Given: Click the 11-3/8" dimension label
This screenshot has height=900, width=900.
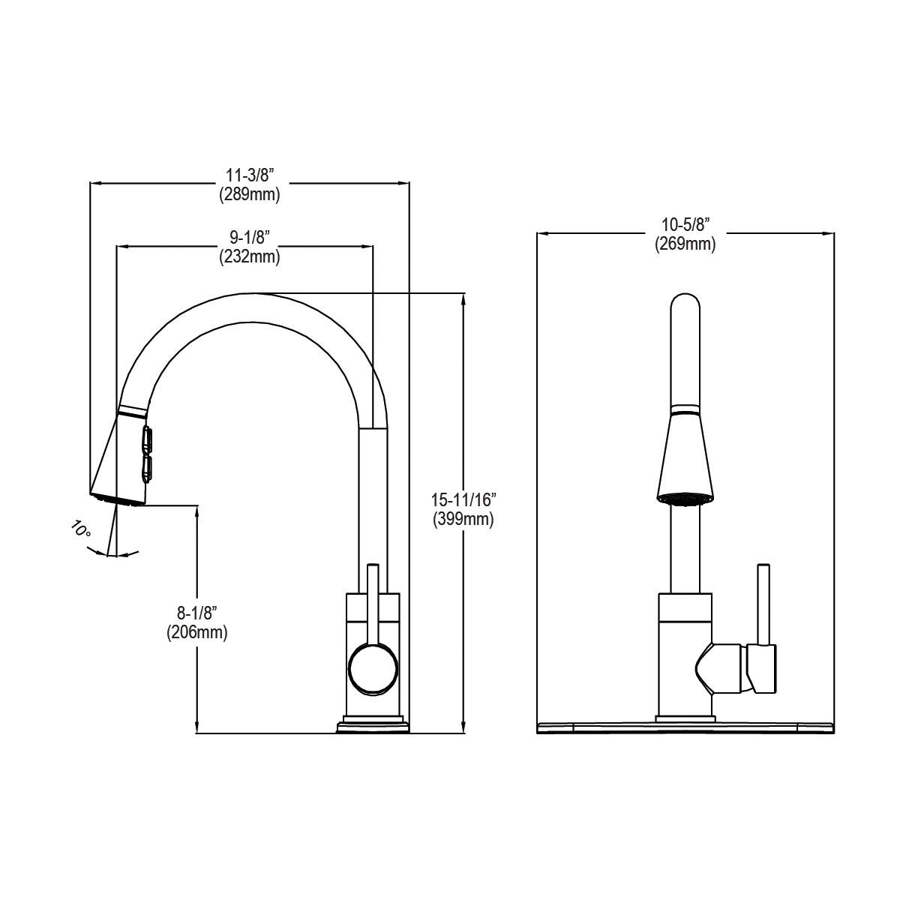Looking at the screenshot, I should (x=250, y=175).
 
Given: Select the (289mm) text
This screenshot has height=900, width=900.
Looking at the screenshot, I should (x=250, y=195).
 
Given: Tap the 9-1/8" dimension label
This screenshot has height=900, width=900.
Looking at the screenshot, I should (x=250, y=237).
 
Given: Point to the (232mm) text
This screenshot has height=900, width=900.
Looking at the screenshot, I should (x=250, y=256).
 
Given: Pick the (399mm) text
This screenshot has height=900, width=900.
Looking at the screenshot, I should (x=463, y=519).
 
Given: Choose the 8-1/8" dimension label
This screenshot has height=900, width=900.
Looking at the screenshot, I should (x=196, y=613).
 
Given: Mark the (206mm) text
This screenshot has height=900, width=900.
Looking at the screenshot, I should (x=196, y=632).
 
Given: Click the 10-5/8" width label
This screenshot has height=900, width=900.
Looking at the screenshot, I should (x=685, y=224).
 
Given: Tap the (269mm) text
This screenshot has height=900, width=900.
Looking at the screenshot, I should (x=685, y=244).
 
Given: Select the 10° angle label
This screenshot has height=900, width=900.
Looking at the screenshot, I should (x=81, y=529).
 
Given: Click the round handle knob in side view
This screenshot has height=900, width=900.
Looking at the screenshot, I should (x=372, y=667).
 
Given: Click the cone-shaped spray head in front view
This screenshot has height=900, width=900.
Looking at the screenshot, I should (x=685, y=457).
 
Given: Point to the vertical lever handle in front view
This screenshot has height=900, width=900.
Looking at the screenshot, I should (x=763, y=604).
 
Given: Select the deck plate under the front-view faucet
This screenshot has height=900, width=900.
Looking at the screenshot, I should (x=685, y=727).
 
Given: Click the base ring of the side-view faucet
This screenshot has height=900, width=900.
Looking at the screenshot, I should (x=373, y=726).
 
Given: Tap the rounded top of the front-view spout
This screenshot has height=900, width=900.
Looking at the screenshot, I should (x=685, y=307).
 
